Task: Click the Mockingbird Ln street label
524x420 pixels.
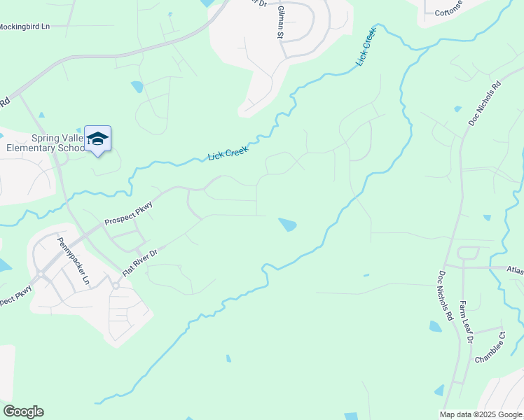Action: pyautogui.click(x=25, y=26)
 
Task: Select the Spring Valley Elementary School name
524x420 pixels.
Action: pyautogui.click(x=45, y=143)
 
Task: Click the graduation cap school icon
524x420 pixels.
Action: pyautogui.click(x=97, y=139)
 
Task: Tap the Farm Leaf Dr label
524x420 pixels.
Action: pyautogui.click(x=466, y=321)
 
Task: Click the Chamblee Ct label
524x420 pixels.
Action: pyautogui.click(x=490, y=348)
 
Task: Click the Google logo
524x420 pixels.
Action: pyautogui.click(x=23, y=412)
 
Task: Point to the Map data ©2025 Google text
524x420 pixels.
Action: pyautogui.click(x=481, y=414)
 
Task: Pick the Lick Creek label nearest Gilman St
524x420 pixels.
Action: pyautogui.click(x=366, y=46)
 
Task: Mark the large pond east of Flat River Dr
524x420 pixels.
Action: pyautogui.click(x=287, y=225)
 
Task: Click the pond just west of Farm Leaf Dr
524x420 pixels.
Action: pyautogui.click(x=436, y=326)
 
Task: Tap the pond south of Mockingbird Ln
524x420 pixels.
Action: pyautogui.click(x=137, y=87)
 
